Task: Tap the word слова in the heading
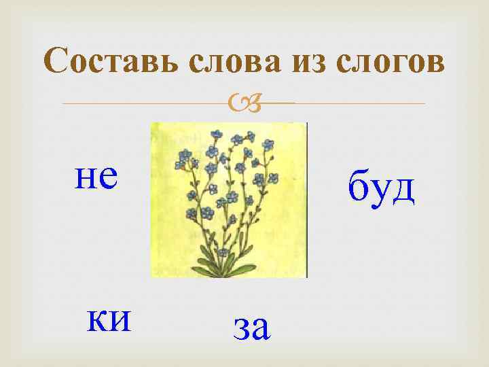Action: pos(228,63)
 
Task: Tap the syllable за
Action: pos(251,328)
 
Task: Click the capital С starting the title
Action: pos(55,63)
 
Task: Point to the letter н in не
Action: pos(85,178)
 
